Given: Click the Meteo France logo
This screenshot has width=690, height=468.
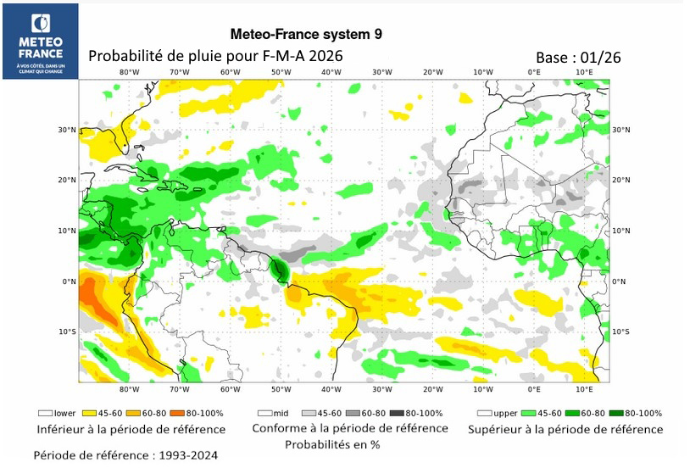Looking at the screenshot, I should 40,41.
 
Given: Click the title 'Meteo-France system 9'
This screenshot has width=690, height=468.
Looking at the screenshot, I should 306,34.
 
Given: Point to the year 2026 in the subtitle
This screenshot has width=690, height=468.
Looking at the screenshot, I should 326,55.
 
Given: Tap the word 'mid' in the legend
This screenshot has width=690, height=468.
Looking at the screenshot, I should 278,413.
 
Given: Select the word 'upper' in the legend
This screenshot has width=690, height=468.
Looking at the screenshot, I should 504,413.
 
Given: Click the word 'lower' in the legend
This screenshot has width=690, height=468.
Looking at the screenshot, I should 64,413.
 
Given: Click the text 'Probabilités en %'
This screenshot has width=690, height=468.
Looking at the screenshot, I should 331,444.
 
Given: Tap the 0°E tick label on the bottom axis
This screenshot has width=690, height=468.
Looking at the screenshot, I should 534,390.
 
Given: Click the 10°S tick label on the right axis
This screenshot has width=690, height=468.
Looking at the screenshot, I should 620,331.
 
